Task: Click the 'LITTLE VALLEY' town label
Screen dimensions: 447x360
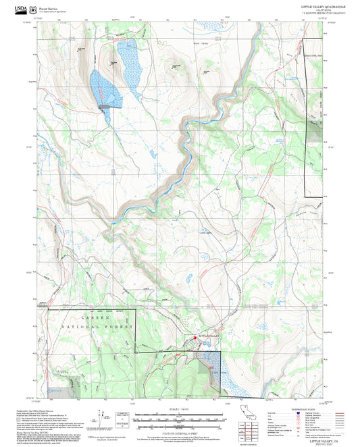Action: (209, 336)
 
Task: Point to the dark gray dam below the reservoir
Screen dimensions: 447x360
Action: (107, 106)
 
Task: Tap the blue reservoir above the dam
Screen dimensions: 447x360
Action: (105, 88)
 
